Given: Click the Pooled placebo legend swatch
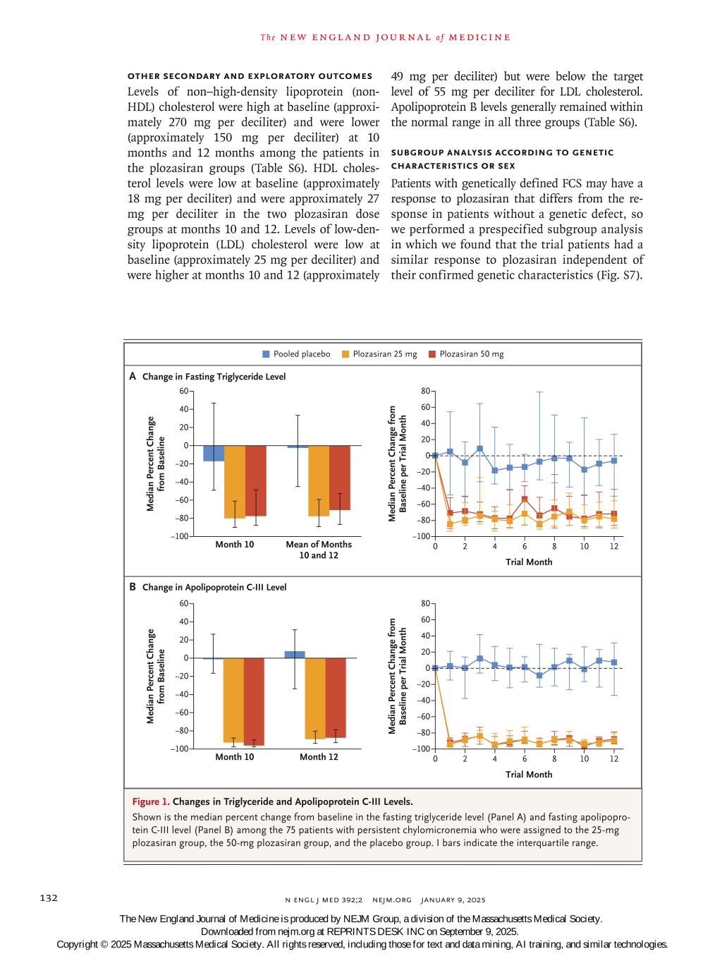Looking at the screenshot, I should (266, 354).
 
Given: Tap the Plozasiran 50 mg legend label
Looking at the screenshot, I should (471, 354).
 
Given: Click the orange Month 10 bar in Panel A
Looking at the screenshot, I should (235, 482).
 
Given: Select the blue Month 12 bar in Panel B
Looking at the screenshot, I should (295, 655).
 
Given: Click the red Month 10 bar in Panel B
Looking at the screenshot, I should (255, 701).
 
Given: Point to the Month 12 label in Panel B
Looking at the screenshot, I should (319, 757).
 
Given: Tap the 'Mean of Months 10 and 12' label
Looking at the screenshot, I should (319, 550).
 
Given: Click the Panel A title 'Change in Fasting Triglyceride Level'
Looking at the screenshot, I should (214, 377).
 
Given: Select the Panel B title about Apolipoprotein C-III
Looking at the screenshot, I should (214, 587).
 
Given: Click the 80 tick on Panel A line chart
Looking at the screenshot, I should (425, 391).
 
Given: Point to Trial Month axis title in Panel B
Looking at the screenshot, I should (529, 774).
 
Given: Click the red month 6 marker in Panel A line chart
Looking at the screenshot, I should (525, 499).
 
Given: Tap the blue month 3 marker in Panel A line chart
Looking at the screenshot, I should (479, 449).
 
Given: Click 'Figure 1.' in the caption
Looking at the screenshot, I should (150, 801).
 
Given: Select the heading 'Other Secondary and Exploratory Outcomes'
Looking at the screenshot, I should (250, 76).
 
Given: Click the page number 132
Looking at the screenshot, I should (48, 898).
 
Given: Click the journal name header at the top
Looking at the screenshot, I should (385, 37).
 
